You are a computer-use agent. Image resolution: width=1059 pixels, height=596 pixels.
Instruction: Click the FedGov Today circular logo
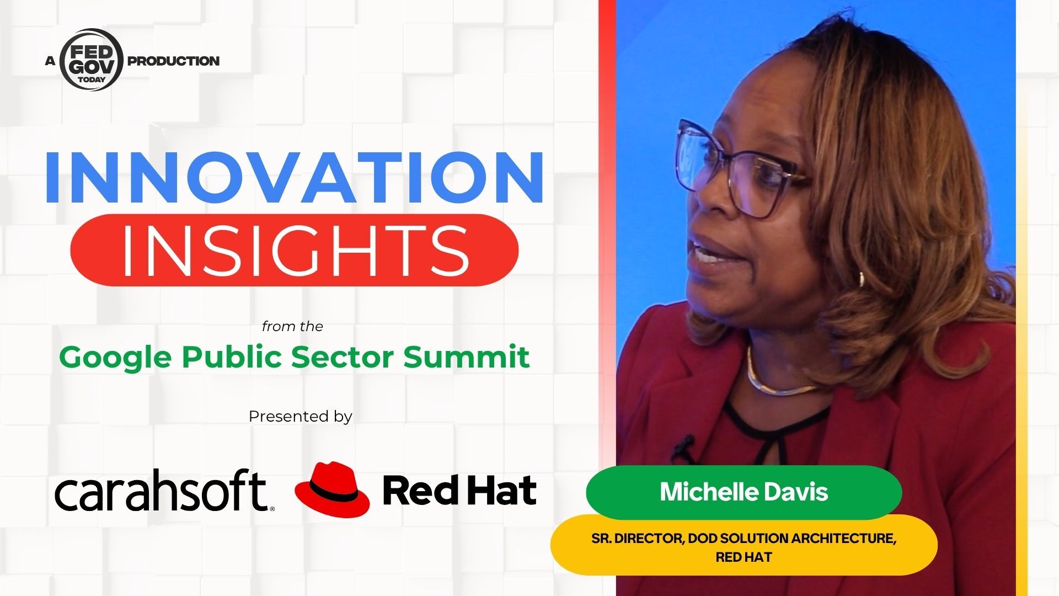90,60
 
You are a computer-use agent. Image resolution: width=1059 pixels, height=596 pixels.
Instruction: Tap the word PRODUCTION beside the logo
173,61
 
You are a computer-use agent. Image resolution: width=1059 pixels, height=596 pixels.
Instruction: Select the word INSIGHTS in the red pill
295,250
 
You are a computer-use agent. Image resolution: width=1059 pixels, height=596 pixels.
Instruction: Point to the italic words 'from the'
292,326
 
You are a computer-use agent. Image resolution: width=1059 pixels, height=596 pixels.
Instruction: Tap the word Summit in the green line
467,356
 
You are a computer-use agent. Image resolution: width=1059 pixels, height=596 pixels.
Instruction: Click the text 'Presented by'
300,417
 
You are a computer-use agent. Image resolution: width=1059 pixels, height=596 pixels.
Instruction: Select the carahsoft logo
164,490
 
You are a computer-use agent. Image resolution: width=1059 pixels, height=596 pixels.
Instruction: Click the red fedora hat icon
332,489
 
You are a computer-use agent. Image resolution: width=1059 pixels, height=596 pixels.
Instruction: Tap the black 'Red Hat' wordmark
459,491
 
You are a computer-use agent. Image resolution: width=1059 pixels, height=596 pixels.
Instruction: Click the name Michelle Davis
744,492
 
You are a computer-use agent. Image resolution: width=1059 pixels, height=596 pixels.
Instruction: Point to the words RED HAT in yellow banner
744,557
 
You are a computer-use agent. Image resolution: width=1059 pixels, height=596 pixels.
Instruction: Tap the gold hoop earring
860,278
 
